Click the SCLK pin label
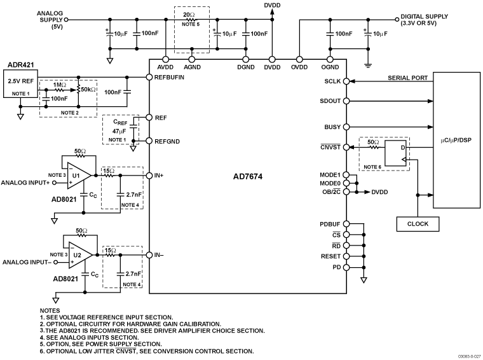(332, 82)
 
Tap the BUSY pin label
(332, 127)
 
